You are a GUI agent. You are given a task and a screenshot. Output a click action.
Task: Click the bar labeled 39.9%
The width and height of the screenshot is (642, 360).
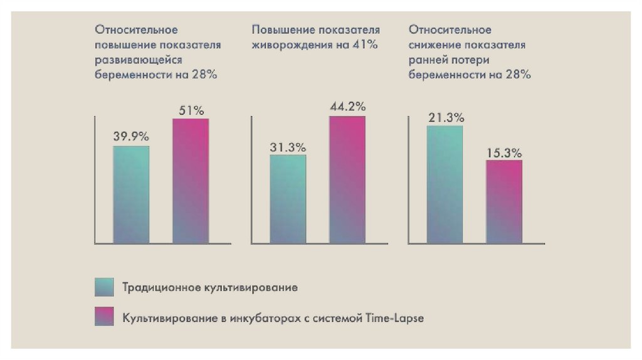(131, 194)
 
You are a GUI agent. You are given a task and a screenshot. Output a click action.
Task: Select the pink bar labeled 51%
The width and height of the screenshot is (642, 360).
(191, 181)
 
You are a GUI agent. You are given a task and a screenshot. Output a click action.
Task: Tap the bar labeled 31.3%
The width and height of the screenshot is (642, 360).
(288, 199)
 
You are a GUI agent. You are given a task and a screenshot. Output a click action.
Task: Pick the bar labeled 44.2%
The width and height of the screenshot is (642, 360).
(347, 179)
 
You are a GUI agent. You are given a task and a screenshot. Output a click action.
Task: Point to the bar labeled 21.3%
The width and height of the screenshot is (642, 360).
(445, 184)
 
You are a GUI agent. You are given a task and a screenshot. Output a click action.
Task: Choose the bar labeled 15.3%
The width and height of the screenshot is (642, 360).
(504, 201)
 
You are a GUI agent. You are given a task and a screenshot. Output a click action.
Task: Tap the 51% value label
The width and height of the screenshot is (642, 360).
(191, 110)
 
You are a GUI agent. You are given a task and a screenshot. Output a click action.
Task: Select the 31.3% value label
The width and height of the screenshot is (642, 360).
(288, 147)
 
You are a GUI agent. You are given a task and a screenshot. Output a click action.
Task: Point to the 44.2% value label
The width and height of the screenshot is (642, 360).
(347, 107)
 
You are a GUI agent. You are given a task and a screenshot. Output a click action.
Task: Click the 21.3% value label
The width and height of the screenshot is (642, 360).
(446, 117)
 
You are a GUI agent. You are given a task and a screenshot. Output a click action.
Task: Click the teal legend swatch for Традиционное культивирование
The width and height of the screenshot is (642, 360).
(104, 287)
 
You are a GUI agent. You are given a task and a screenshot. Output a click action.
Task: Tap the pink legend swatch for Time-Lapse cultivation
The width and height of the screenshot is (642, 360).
(104, 317)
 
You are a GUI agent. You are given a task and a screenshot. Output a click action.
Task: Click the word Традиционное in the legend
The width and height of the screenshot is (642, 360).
(160, 288)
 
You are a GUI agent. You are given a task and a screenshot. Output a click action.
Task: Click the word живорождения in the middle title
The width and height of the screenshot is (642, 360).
(288, 45)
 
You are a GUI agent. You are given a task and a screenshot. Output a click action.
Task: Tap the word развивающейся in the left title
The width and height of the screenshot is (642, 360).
(139, 60)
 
